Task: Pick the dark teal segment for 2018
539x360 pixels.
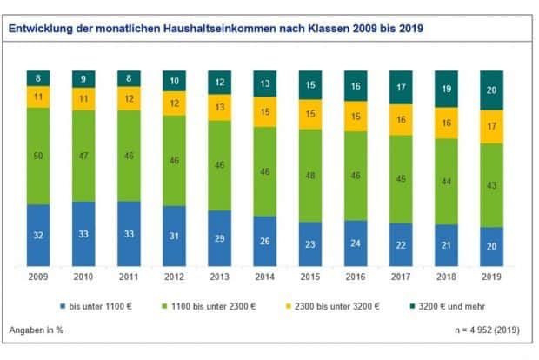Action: pos(446,89)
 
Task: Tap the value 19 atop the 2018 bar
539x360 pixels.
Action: pos(446,89)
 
